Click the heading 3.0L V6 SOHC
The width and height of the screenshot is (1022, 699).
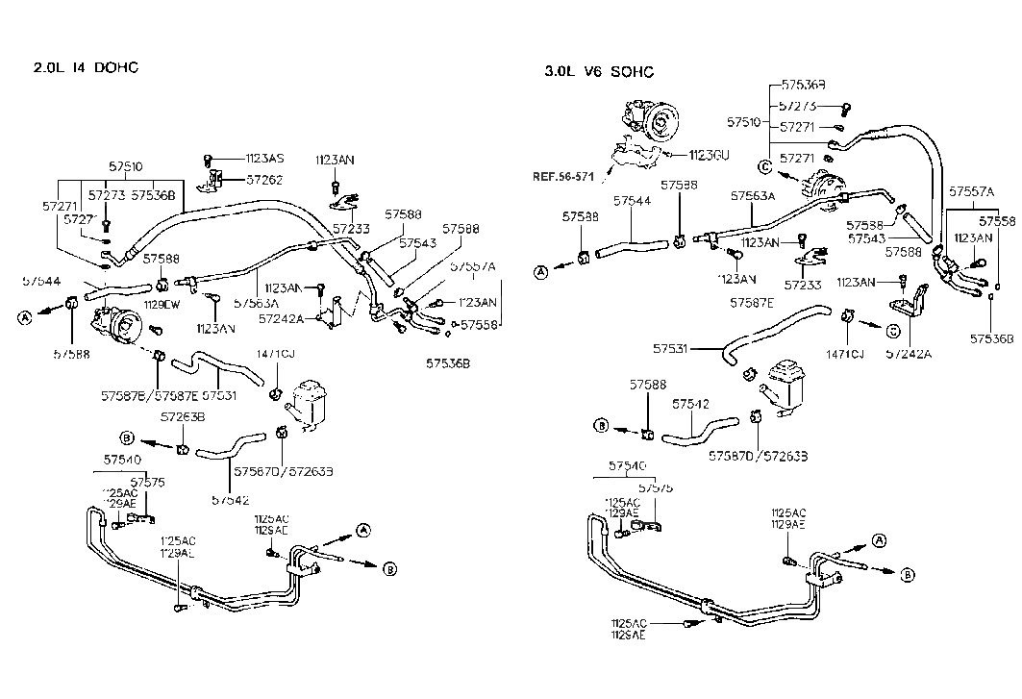(x=599, y=71)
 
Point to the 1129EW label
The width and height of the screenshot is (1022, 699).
(x=162, y=304)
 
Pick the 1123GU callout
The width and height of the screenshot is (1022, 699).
(x=710, y=154)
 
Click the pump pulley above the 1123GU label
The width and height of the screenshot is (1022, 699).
(x=661, y=122)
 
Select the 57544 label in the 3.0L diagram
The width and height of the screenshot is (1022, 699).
(x=632, y=201)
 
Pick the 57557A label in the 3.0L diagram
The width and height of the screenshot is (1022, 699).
(x=972, y=191)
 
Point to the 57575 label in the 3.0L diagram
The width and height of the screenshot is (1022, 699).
(x=657, y=487)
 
